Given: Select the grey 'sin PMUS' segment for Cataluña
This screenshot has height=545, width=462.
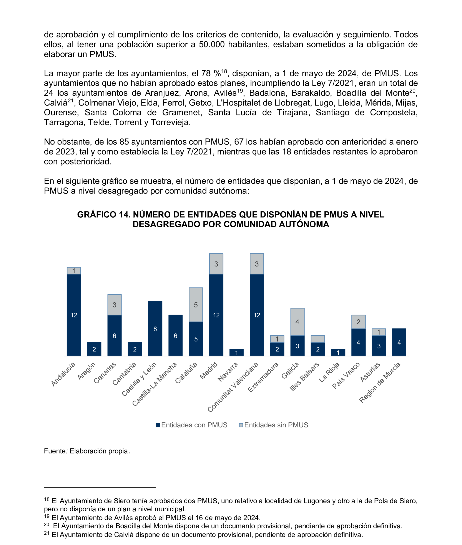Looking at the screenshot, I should [196, 305].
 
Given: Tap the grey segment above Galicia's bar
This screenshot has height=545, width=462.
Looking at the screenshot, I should [297, 322].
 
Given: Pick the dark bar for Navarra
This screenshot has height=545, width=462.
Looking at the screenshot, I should [236, 352].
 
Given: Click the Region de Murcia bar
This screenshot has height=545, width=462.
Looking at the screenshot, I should [399, 342].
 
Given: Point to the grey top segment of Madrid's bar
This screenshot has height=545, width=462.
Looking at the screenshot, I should [216, 264].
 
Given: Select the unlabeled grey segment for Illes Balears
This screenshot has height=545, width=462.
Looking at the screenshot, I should [318, 339].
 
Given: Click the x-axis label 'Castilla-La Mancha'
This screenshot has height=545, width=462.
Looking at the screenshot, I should [155, 384].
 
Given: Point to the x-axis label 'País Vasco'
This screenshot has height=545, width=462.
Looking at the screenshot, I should [346, 376].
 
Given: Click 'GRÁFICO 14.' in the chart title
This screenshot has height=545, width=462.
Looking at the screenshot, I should [104, 214].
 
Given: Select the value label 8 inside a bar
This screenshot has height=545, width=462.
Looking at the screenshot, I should [155, 329].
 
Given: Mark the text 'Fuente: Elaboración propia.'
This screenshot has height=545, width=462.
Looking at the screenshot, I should [87, 451].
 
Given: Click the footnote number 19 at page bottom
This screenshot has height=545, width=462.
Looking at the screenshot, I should [47, 516].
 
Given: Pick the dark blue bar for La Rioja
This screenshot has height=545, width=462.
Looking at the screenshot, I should [338, 352].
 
